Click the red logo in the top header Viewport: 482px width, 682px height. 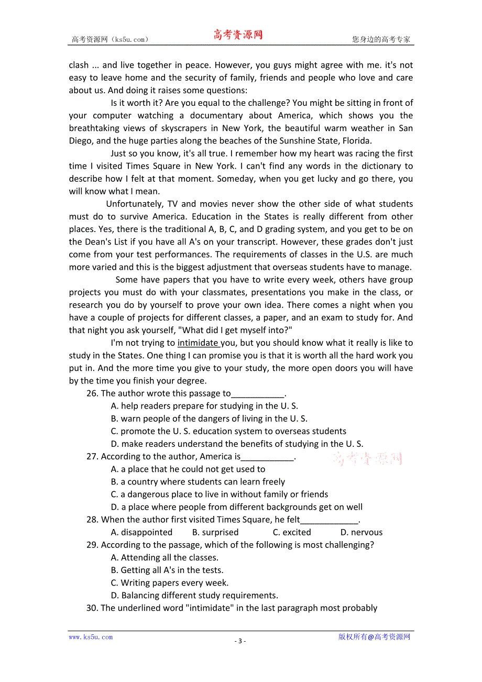(238, 35)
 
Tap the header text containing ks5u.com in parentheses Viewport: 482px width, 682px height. (110, 39)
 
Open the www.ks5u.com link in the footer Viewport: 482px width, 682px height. (91, 637)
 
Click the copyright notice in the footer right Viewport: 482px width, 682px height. (374, 637)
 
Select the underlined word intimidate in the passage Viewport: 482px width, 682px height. (198, 343)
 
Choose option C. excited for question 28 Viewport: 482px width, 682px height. (292, 532)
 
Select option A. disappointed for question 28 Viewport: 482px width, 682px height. (141, 532)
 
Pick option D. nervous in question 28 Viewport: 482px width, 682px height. (361, 532)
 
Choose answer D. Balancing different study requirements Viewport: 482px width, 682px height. (194, 596)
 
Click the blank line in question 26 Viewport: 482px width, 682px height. (257, 394)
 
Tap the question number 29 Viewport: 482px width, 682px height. (92, 545)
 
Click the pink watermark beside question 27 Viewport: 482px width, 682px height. (367, 459)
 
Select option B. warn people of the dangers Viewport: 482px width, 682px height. (209, 419)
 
